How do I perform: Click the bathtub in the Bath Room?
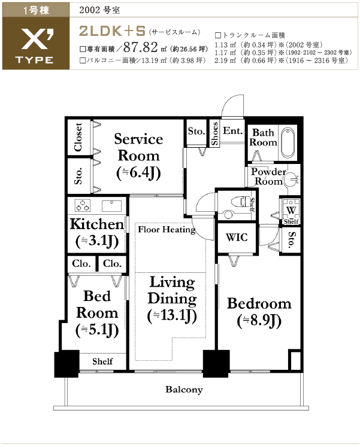pyautogui.click(x=288, y=142)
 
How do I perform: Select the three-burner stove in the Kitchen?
pyautogui.click(x=83, y=205)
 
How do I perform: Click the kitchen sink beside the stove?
pyautogui.click(x=111, y=206)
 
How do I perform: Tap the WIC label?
pyautogui.click(x=237, y=237)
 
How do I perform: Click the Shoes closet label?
pyautogui.click(x=214, y=133)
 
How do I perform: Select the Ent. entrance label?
pyautogui.click(x=233, y=131)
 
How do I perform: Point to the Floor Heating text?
pyautogui.click(x=167, y=230)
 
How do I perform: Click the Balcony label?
pyautogui.click(x=184, y=390)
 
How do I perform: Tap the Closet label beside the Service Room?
pyautogui.click(x=78, y=137)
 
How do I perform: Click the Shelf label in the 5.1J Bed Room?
pyautogui.click(x=102, y=361)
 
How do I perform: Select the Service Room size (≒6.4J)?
pyautogui.click(x=138, y=173)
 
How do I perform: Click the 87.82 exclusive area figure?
pyautogui.click(x=140, y=47)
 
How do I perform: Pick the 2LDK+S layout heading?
pyautogui.click(x=112, y=31)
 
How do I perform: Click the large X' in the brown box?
pyautogui.click(x=37, y=39)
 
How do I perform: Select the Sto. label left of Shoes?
pyautogui.click(x=196, y=131)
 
